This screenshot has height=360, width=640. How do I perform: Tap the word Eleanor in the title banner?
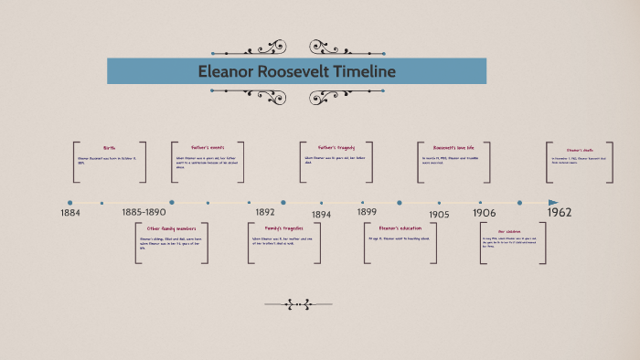(x=231, y=71)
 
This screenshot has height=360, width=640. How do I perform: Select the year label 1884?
(x=71, y=213)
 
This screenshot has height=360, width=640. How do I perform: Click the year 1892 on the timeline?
(x=265, y=212)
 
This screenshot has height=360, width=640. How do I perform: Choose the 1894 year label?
(x=321, y=214)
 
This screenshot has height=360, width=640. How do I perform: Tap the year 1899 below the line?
(x=367, y=211)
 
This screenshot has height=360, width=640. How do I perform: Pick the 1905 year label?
(x=439, y=214)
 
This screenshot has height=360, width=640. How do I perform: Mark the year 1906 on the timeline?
(x=485, y=213)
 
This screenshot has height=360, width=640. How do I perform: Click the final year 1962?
(x=560, y=212)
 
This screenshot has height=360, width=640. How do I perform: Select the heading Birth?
(x=110, y=148)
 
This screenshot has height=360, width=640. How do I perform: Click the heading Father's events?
(x=208, y=147)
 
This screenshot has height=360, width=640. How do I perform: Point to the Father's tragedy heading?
(x=336, y=147)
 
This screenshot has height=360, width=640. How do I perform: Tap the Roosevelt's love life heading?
(x=454, y=147)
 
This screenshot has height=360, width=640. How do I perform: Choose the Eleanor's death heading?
(x=580, y=149)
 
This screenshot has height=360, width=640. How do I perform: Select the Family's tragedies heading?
(x=282, y=228)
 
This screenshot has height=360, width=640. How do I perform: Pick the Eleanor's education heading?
(x=399, y=228)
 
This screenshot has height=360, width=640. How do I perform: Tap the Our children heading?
(x=514, y=231)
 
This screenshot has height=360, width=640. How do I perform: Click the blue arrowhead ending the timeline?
(x=553, y=203)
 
